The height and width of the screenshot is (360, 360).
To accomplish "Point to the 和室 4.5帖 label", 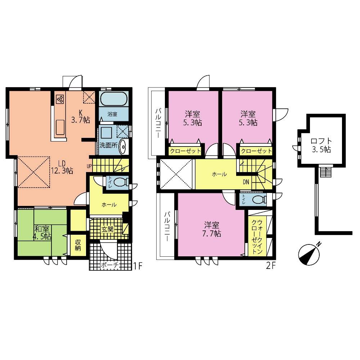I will pos(42,233).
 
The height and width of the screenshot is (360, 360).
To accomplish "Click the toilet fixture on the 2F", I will pos(257,199).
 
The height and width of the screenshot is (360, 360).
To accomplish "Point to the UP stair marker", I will pos(89,166).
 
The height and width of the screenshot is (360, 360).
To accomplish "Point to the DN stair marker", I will pos(246,182).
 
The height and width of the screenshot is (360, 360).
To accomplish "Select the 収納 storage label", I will pos(78,245).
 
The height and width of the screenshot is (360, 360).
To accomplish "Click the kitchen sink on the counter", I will pos(60,127).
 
